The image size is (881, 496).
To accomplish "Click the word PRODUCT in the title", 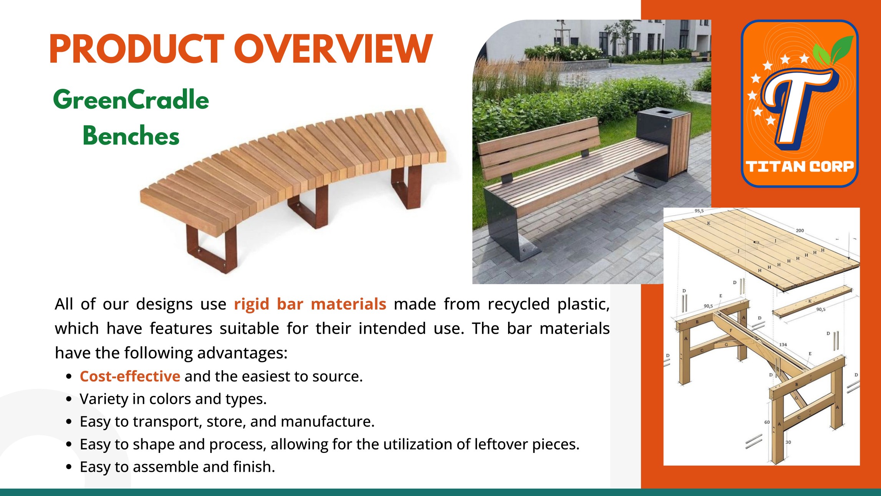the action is [137, 49].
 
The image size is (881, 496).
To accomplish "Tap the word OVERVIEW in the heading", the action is [334, 49].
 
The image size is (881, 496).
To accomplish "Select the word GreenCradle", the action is [131, 100].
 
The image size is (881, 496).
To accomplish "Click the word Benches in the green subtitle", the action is [131, 135].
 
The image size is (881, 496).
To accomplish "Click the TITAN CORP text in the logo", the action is [800, 166].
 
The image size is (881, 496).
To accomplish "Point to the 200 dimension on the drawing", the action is [800, 231].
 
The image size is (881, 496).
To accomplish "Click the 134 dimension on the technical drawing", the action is [783, 345].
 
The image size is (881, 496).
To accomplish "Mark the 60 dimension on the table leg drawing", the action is [767, 422].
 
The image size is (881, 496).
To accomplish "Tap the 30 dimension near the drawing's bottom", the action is [788, 442].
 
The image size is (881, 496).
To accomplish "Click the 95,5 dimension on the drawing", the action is [699, 211].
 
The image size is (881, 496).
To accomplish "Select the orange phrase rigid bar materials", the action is [310, 304].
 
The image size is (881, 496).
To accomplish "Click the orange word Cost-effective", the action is [130, 376].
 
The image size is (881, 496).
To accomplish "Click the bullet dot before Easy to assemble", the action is [69, 467].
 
